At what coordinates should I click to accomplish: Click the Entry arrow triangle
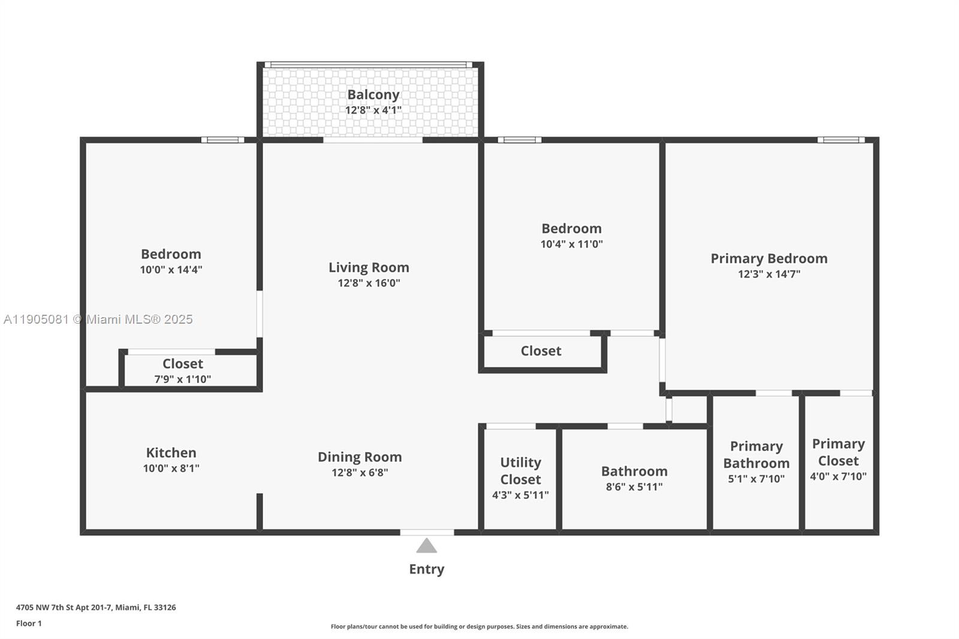pyautogui.click(x=426, y=545)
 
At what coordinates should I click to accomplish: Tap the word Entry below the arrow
pyautogui.click(x=426, y=569)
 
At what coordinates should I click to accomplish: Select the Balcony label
pyautogui.click(x=373, y=95)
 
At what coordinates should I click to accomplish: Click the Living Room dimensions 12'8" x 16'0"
pyautogui.click(x=369, y=283)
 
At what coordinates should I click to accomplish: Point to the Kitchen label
pyautogui.click(x=171, y=453)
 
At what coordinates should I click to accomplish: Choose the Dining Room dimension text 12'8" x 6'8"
pyautogui.click(x=360, y=472)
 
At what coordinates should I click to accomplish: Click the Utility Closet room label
pyautogui.click(x=520, y=471)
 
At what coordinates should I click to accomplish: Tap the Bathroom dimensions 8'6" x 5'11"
pyautogui.click(x=634, y=487)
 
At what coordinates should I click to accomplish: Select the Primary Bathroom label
pyautogui.click(x=756, y=454)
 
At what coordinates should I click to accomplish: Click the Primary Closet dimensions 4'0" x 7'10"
pyautogui.click(x=838, y=477)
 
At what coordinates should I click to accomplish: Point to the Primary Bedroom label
pyautogui.click(x=769, y=258)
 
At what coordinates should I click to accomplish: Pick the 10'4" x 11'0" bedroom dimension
pyautogui.click(x=571, y=244)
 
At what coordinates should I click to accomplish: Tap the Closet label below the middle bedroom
pyautogui.click(x=541, y=351)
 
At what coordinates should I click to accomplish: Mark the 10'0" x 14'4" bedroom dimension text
pyautogui.click(x=171, y=270)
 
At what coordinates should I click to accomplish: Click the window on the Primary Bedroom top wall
pyautogui.click(x=841, y=140)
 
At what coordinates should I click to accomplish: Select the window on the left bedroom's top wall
pyautogui.click(x=222, y=140)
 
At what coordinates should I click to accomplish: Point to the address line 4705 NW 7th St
pyautogui.click(x=96, y=607)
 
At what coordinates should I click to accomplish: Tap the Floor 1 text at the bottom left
pyautogui.click(x=29, y=623)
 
